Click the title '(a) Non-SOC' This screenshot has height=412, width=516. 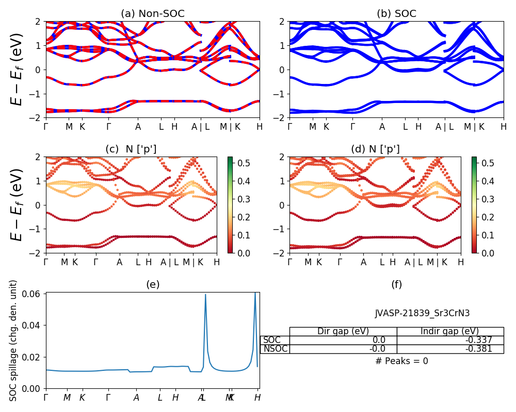[153, 14]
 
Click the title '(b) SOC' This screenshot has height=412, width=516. [396, 14]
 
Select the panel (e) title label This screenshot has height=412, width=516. [153, 284]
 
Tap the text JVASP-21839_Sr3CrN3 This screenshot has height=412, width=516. [422, 313]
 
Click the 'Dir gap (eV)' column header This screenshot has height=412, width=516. [343, 331]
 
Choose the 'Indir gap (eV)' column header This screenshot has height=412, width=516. [450, 331]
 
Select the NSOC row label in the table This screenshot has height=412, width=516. [275, 349]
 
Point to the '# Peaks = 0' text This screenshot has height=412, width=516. [401, 361]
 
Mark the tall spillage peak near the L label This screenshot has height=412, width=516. [205, 295]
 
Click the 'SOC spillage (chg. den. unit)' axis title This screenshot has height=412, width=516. [14, 340]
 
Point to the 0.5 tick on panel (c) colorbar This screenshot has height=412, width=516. [240, 163]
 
